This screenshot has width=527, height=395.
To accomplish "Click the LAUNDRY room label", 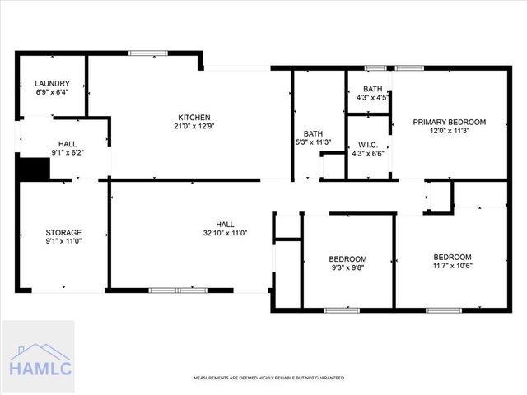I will coord(51,83).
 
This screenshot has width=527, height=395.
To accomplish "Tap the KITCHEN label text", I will coord(194,117).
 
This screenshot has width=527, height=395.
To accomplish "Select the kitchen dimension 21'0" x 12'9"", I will coord(194,127).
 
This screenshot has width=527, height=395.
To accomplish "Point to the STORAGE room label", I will coord(63,233).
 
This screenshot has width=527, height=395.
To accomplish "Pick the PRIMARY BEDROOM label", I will coord(450,122).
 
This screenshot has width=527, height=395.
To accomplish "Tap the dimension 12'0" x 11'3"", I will coord(450,132).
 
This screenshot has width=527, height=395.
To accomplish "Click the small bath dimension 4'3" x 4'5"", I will coord(372,98).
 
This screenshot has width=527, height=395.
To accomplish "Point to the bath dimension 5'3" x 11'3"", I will coord(313,142).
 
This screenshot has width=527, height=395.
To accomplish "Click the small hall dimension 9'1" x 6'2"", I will coord(68,152).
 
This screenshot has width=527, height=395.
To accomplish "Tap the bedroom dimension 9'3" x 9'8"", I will coord(347,267).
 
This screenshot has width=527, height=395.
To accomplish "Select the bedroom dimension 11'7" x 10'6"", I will coord(452,266).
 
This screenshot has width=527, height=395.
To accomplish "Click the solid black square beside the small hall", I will coord(34,169).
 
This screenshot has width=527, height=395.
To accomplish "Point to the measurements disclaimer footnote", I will coord(268,378).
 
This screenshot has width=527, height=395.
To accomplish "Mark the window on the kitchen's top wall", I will coord(148,53).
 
